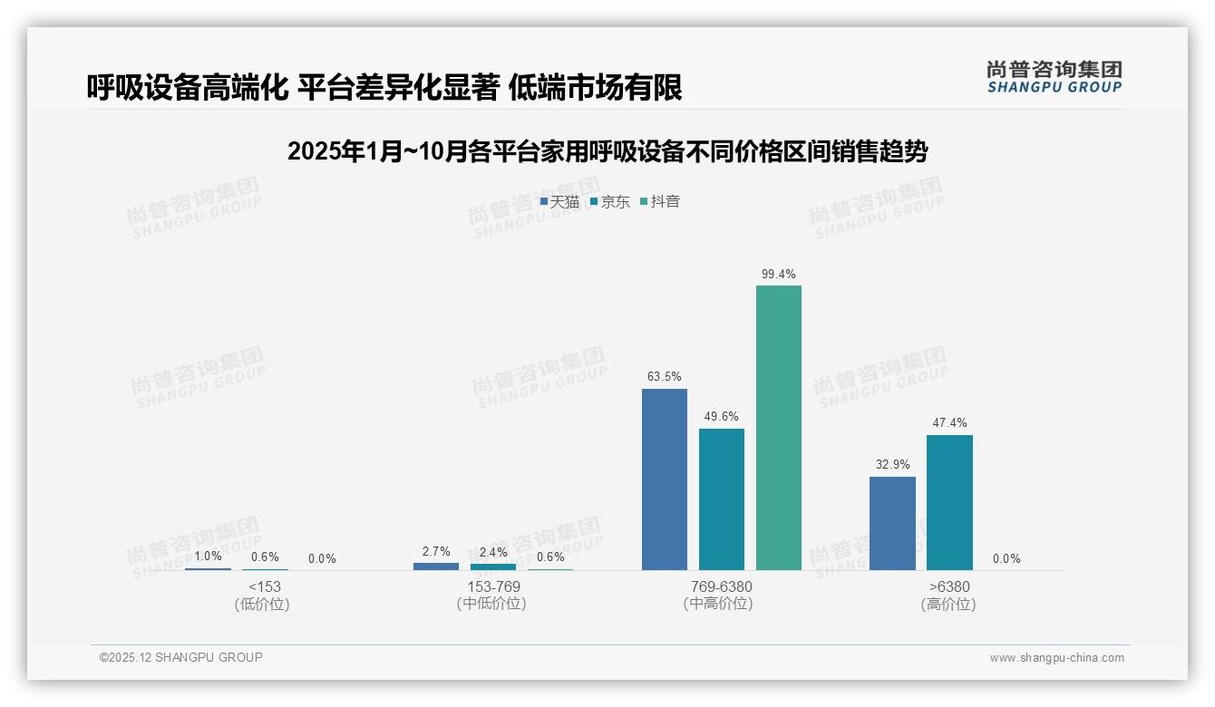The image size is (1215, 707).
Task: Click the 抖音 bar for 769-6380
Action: click(779, 428)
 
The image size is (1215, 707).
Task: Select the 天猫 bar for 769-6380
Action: click(665, 479)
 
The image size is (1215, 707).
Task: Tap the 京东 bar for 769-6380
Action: click(722, 499)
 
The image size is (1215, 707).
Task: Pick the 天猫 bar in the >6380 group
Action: click(892, 523)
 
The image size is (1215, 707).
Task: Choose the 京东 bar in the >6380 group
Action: click(949, 502)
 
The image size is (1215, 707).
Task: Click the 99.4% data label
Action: click(779, 274)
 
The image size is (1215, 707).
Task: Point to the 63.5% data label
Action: click(665, 377)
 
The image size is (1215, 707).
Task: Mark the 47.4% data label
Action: click(949, 422)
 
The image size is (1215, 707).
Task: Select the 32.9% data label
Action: click(892, 464)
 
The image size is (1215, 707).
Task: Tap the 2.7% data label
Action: click(436, 551)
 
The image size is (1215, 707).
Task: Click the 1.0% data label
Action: click(208, 557)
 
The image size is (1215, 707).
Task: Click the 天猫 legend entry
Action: click(559, 202)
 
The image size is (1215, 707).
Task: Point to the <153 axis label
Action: click(265, 586)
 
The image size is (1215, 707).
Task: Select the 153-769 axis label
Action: click(493, 586)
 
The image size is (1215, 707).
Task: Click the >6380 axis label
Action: click(949, 586)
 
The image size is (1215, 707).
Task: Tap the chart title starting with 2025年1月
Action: click(607, 151)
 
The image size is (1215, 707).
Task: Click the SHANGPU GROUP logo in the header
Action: click(1055, 77)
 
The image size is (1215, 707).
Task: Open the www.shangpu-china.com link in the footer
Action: click(1056, 658)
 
